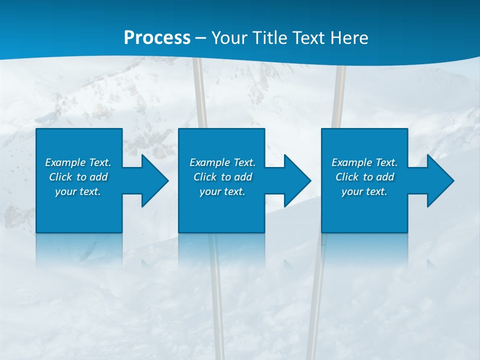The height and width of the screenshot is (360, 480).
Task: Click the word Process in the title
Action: pyautogui.click(x=157, y=38)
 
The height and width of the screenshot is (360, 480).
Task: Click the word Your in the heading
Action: pyautogui.click(x=230, y=38)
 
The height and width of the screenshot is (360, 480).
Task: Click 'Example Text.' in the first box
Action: pyautogui.click(x=78, y=162)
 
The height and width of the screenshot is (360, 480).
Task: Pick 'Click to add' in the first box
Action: pyautogui.click(x=78, y=177)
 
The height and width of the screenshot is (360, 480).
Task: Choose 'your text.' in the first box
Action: pyautogui.click(x=78, y=191)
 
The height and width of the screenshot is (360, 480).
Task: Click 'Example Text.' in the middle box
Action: pyautogui.click(x=222, y=162)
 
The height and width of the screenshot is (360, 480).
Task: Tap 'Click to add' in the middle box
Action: pyautogui.click(x=222, y=177)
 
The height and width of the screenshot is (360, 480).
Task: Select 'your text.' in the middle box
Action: pyautogui.click(x=222, y=191)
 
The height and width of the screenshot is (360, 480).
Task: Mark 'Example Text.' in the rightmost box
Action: pyautogui.click(x=364, y=162)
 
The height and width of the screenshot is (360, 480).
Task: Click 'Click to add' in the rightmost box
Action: pyautogui.click(x=364, y=177)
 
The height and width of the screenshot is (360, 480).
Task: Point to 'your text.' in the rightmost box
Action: pyautogui.click(x=364, y=191)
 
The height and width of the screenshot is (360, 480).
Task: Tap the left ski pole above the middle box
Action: pyautogui.click(x=200, y=95)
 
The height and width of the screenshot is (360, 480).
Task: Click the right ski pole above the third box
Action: pyautogui.click(x=339, y=95)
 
